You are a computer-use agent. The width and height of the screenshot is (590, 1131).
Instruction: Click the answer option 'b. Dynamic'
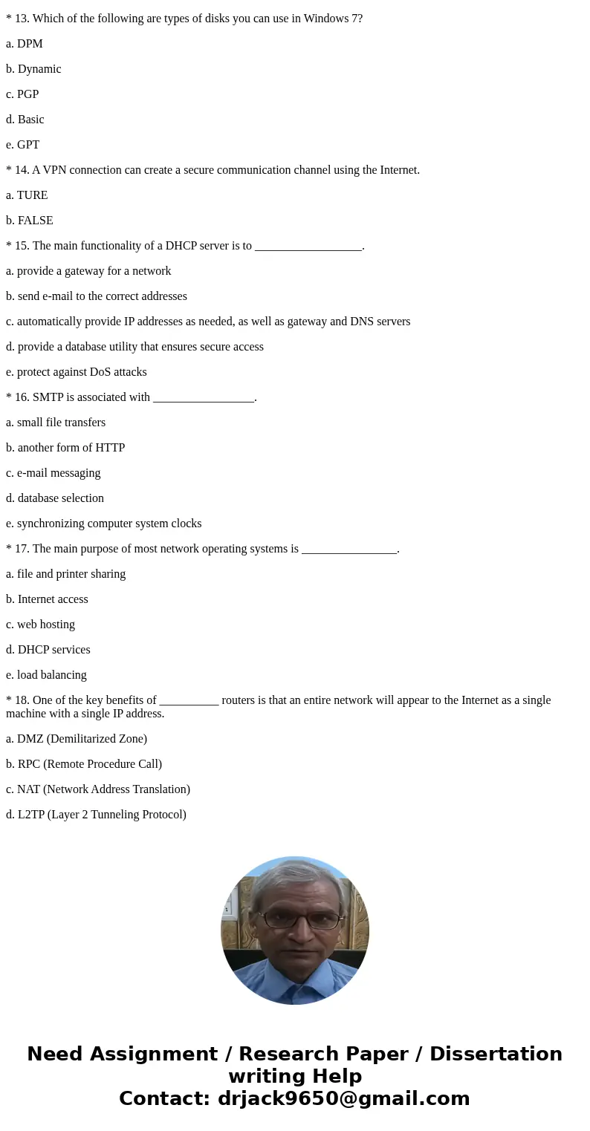coord(33,69)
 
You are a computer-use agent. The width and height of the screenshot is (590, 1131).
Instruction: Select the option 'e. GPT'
coord(22,145)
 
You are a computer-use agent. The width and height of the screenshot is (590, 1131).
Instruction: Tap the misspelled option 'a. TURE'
coord(27,195)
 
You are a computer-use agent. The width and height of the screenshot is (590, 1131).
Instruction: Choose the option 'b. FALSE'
coord(30,221)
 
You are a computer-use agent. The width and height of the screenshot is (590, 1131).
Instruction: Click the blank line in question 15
coord(308,247)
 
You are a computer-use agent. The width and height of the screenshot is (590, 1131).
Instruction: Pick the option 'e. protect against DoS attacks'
coord(77,372)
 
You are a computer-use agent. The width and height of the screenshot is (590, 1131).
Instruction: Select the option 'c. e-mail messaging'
coord(53,473)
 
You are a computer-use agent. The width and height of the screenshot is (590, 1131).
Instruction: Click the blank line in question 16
coord(204,399)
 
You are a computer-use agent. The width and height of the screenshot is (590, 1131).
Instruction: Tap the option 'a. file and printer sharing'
coord(65,574)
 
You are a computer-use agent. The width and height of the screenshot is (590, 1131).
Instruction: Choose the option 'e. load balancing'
coord(46,675)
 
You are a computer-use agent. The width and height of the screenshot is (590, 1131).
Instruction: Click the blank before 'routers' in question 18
coord(189,702)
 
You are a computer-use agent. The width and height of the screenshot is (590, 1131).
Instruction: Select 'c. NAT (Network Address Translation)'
coord(98,789)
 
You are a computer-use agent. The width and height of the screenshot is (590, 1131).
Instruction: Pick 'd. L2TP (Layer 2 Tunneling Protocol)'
coord(96,815)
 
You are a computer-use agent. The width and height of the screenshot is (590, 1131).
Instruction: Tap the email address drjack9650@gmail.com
coord(343,1098)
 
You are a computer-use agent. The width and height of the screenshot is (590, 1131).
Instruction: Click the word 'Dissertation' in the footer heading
coord(496,1054)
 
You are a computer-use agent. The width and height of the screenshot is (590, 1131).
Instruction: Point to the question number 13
coord(22,19)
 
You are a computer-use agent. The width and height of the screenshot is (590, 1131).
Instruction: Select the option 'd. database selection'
coord(55,498)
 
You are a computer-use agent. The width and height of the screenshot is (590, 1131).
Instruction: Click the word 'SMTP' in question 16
coord(48,397)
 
